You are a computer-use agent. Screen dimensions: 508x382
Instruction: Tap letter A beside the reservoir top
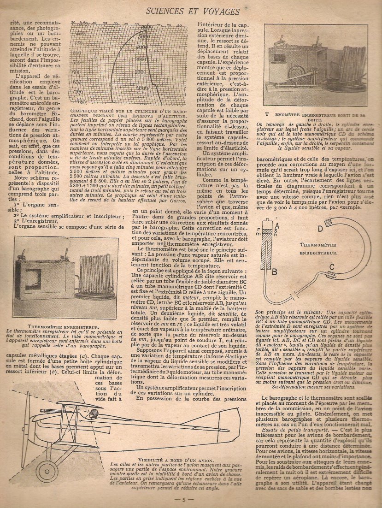[275, 224]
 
